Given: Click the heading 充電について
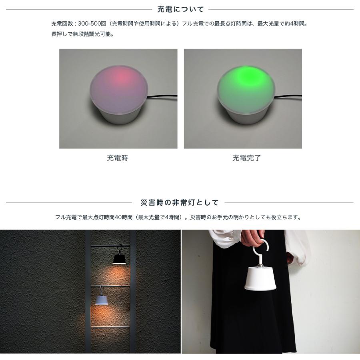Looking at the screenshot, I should click(x=181, y=9).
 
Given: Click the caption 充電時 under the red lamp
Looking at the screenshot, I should click(x=118, y=158).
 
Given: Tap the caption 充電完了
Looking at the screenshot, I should click(x=246, y=158).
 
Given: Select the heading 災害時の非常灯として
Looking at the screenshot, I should click(x=180, y=203).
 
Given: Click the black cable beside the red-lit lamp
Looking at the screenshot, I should click(x=162, y=97).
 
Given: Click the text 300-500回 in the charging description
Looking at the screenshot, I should click(x=92, y=24).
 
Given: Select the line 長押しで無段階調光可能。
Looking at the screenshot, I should click(x=82, y=34).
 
